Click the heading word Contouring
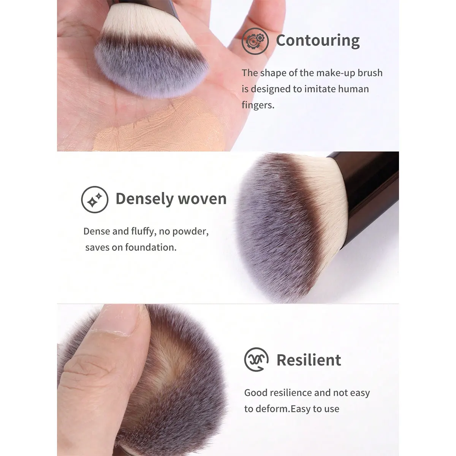pyautogui.click(x=318, y=40)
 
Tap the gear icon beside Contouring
pyautogui.click(x=255, y=40)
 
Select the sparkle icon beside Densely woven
pyautogui.click(x=95, y=199)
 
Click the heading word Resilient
pyautogui.click(x=309, y=360)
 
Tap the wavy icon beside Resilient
pyautogui.click(x=256, y=359)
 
